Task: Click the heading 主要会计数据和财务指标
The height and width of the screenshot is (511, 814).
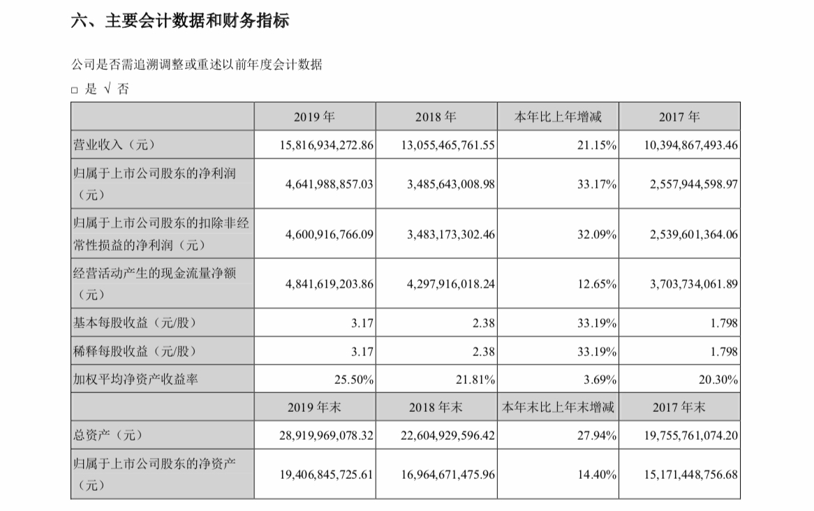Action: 180,22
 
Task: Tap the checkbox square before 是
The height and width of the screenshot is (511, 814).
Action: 75,90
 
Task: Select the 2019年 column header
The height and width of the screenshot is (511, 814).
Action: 315,117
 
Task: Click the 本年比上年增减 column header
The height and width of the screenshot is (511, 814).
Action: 557,117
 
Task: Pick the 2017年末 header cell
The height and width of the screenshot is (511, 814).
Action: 679,407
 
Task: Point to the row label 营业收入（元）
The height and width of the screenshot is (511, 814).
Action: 112,145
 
